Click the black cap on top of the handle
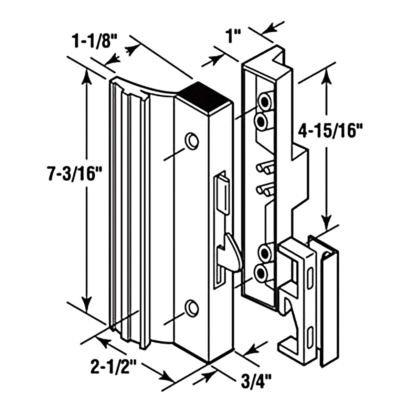pos(203,95)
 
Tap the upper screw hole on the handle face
pos(192,140)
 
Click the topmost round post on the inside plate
pos(265,101)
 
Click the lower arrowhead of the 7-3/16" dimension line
pos(87,303)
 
